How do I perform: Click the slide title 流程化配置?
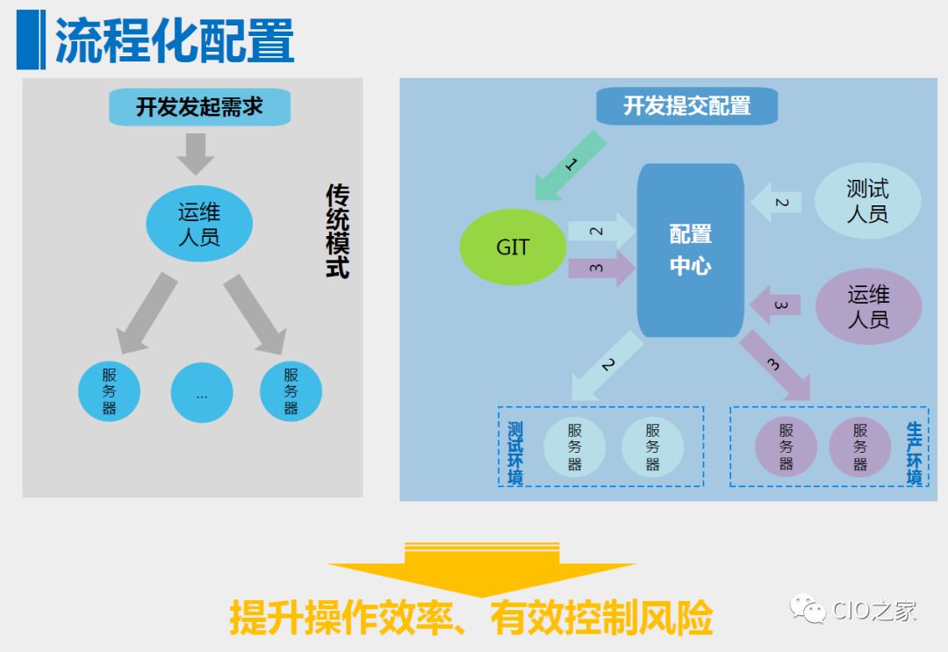174,41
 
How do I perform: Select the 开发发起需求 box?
199,107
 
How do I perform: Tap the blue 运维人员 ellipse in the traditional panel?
199,225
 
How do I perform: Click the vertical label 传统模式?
337,231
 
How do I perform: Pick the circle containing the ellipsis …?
202,393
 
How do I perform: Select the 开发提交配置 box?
686,106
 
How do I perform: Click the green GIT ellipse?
513,247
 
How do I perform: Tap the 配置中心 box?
691,250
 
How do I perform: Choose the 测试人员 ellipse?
867,201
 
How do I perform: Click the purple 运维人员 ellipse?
868,307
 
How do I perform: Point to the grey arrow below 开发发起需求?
196,153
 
